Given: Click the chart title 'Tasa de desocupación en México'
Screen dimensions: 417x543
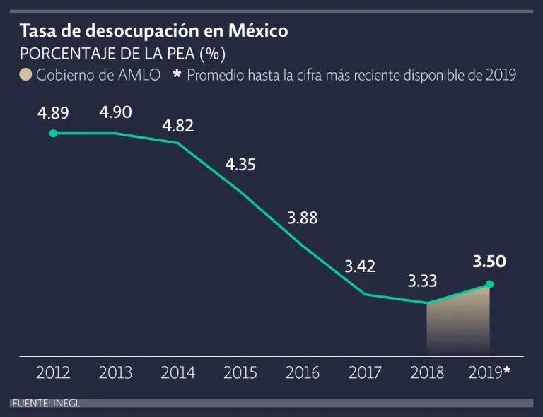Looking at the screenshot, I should pyautogui.click(x=153, y=32).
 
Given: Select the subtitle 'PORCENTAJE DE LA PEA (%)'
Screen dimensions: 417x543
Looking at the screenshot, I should pyautogui.click(x=122, y=54).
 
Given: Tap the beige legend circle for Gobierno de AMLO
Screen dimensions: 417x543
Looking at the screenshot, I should pyautogui.click(x=25, y=75).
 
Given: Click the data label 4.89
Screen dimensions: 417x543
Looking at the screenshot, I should pyautogui.click(x=53, y=113).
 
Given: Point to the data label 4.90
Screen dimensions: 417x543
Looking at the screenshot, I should pyautogui.click(x=116, y=112).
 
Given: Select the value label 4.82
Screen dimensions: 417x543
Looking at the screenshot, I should pyautogui.click(x=178, y=127).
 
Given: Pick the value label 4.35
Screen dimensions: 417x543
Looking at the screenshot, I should pyautogui.click(x=240, y=165).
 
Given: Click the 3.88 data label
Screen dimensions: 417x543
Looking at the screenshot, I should pyautogui.click(x=302, y=218).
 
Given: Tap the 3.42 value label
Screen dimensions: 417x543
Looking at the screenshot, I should pyautogui.click(x=360, y=266).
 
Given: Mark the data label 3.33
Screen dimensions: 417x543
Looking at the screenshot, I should pyautogui.click(x=422, y=281).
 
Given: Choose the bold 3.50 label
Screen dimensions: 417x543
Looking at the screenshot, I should pyautogui.click(x=489, y=262).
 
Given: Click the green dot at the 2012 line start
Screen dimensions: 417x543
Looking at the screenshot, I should pyautogui.click(x=53, y=133).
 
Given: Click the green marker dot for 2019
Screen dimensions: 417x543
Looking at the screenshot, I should pyautogui.click(x=489, y=284).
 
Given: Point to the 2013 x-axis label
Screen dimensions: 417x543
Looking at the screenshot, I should pyautogui.click(x=116, y=372).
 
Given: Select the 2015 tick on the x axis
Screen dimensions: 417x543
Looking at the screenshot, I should pyautogui.click(x=240, y=372).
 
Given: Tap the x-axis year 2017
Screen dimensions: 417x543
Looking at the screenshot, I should pyautogui.click(x=365, y=372).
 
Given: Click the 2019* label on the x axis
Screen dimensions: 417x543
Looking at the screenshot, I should pyautogui.click(x=489, y=372).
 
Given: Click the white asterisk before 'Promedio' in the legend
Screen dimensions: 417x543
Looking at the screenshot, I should pyautogui.click(x=177, y=74).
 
